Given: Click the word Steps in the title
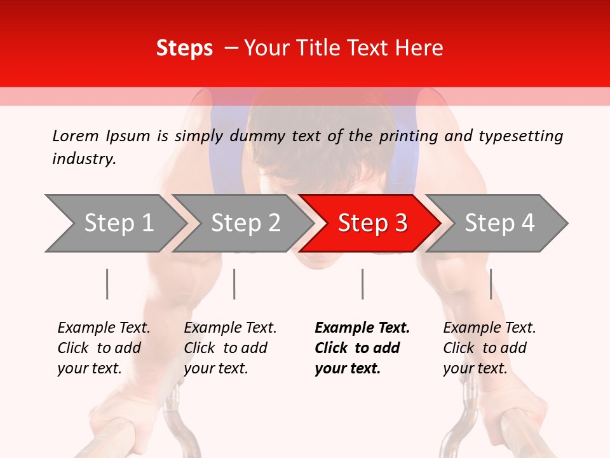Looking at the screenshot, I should (x=184, y=48).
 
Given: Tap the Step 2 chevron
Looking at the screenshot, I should (x=245, y=223).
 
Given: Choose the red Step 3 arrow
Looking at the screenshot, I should (x=372, y=223).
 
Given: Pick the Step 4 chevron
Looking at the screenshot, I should (x=499, y=223).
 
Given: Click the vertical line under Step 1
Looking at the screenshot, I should (x=107, y=284).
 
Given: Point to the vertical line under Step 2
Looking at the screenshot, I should (x=234, y=284).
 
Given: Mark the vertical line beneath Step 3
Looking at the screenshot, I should (x=362, y=284).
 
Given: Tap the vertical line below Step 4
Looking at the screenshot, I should (x=491, y=284).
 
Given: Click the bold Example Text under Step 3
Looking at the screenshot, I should (x=362, y=328).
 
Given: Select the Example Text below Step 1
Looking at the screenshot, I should (x=104, y=328).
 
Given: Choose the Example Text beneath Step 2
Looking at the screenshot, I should (x=230, y=328).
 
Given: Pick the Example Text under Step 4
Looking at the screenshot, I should (x=489, y=328).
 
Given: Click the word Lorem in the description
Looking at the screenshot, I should (x=75, y=136).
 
